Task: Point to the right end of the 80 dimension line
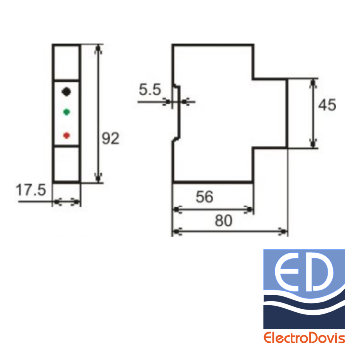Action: coord(286,232)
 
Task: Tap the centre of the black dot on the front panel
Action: coord(66,92)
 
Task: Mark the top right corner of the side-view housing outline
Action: coord(254,44)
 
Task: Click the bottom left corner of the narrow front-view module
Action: coord(53,182)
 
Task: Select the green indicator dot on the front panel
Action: coord(66,112)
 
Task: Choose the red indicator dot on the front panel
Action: coord(66,135)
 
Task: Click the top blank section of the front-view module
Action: coord(66,62)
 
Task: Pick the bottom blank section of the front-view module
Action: coord(66,164)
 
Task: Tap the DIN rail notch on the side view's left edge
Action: coord(176,112)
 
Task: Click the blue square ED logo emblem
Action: coord(304,289)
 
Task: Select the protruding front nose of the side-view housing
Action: coord(270,113)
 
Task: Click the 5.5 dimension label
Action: coord(150,89)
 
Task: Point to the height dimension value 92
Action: coord(110,138)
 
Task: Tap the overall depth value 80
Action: coord(223,221)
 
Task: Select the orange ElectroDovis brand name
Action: coord(304,338)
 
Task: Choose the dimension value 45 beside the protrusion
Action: coord(327,105)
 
